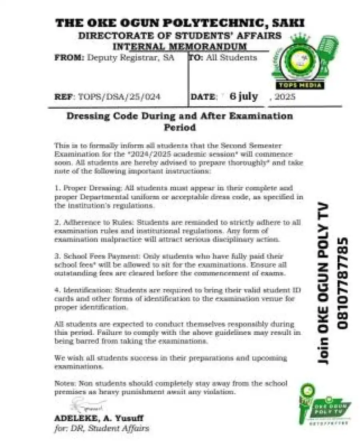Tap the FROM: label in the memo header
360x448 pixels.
69,58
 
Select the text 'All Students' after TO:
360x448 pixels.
232,58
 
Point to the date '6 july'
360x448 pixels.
244,96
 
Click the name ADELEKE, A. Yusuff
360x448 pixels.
99,418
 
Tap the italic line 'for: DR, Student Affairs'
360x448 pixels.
102,428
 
